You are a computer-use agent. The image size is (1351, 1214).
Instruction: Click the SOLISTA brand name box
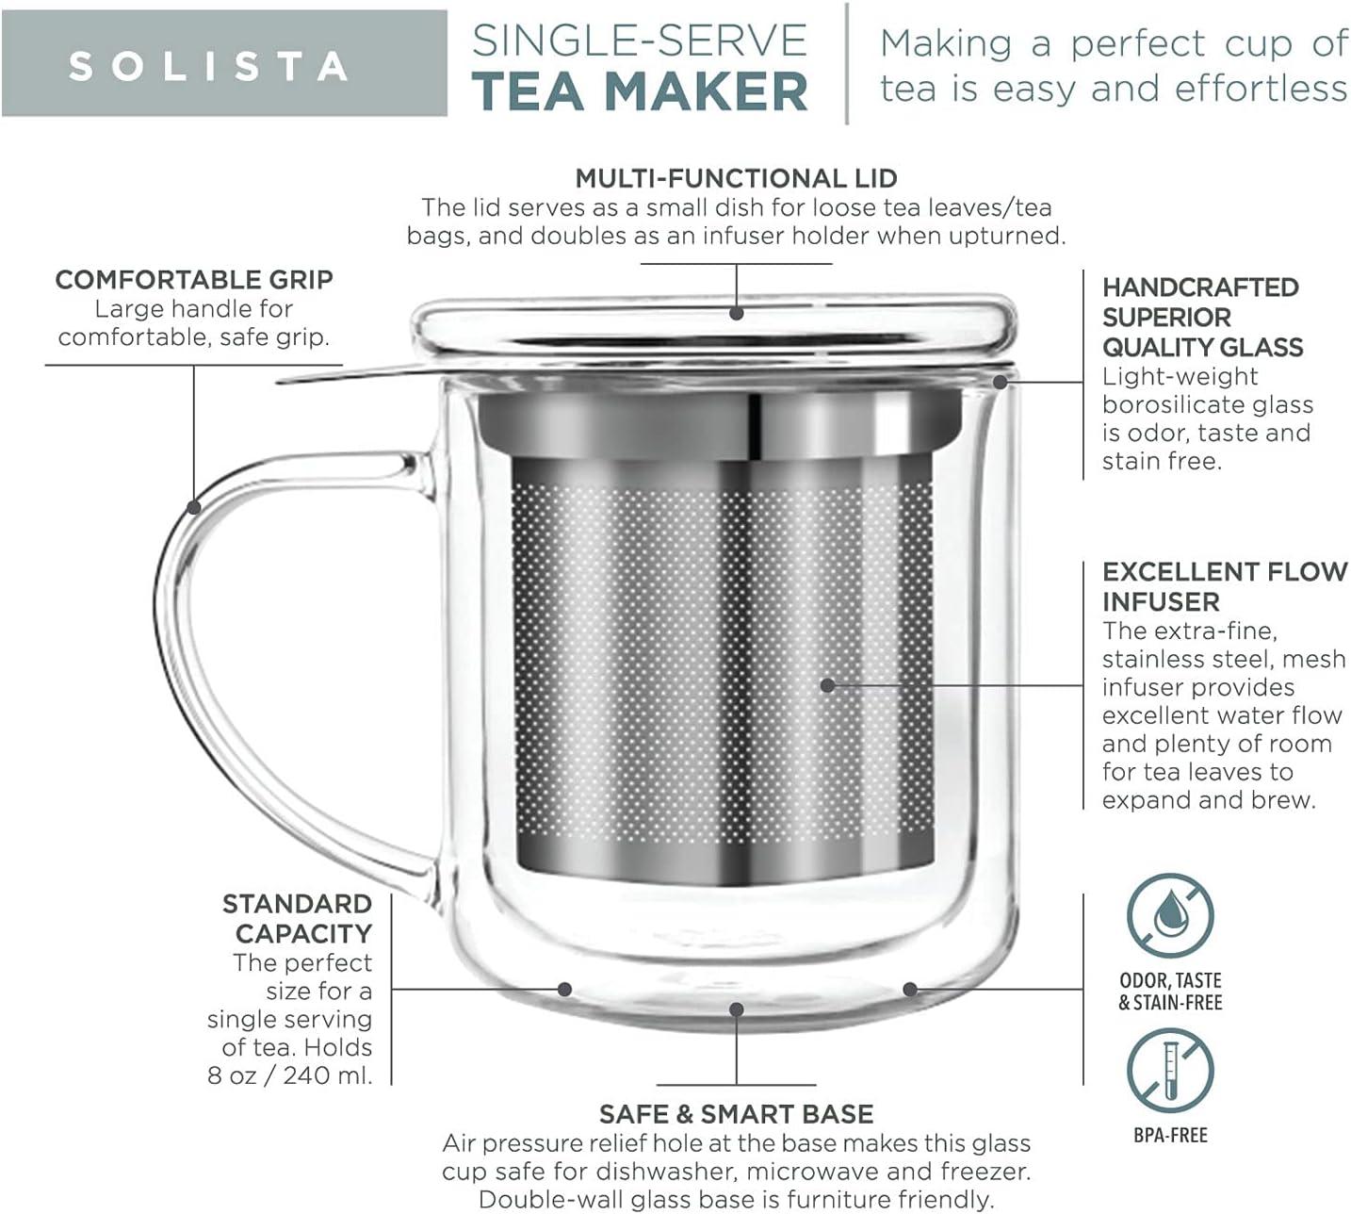pos(224,63)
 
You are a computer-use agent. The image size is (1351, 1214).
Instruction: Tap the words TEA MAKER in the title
pos(640,90)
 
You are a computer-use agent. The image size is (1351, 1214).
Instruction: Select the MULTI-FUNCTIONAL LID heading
pos(736,178)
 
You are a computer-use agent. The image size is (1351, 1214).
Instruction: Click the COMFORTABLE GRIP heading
pos(194,279)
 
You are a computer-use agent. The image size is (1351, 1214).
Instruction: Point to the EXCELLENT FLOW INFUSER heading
pos(1223,586)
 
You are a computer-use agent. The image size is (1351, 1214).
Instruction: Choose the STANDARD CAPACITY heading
pos(297,919)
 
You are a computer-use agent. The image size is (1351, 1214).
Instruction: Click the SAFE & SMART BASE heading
pos(736,1114)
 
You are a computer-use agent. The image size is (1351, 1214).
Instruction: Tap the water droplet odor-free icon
pos(1170,917)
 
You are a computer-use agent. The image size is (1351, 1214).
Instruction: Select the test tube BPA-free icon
pos(1170,1071)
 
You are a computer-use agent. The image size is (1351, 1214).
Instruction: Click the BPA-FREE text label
pos(1170,1136)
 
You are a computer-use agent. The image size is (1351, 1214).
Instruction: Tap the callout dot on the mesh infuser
pos(827,685)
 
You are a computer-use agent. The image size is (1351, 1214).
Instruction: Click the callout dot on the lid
pos(737,313)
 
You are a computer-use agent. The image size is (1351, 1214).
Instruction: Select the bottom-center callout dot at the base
pos(737,1009)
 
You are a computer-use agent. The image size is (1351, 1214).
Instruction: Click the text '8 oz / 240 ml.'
pos(290,1075)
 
